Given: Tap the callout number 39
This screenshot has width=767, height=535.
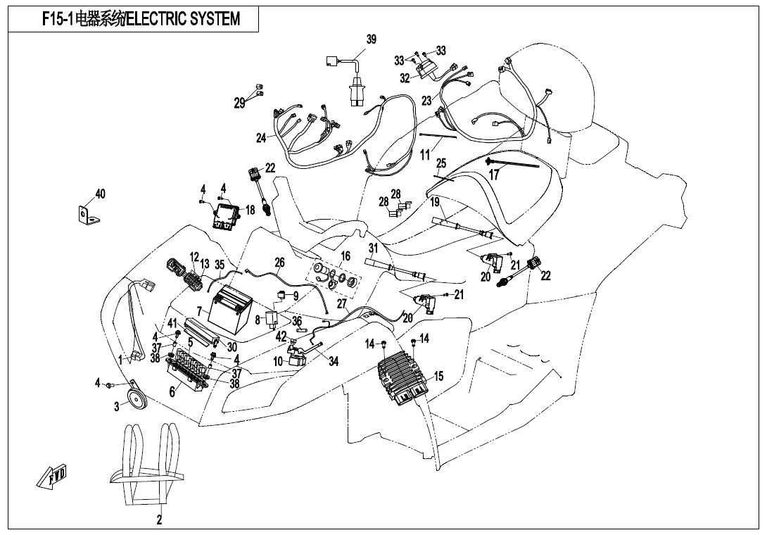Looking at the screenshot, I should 372,39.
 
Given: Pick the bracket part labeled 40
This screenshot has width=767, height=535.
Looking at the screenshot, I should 87,212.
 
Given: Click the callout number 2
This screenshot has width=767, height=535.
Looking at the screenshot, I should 159,521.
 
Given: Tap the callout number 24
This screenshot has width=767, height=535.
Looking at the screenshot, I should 261,138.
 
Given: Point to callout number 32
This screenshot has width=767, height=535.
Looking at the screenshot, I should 405,78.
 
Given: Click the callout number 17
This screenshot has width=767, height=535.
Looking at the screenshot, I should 494,175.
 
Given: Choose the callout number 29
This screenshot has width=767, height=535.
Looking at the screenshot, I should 240,103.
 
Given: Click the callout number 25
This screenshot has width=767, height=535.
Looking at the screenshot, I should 441,163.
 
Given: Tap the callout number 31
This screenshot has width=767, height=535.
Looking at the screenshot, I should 373,248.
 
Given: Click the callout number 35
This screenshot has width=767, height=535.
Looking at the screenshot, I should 220,265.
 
